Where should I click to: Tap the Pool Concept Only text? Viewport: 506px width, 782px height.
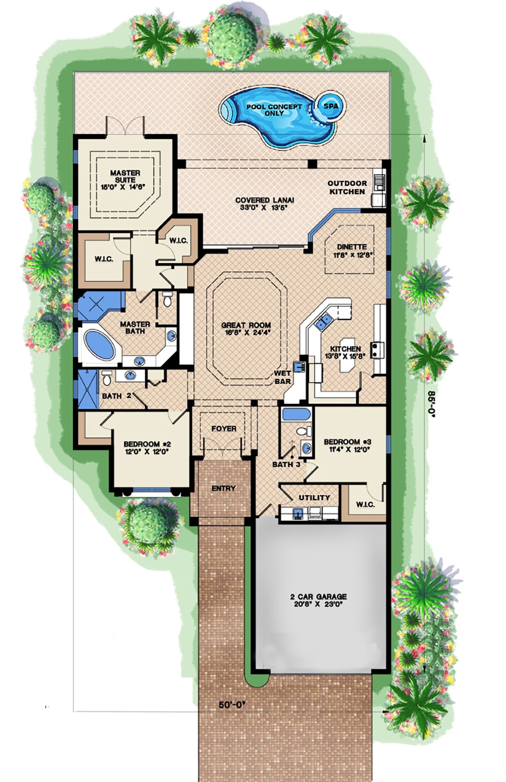point(274,110)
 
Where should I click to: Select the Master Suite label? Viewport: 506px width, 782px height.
point(125,179)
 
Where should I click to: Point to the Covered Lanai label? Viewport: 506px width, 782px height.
point(264,203)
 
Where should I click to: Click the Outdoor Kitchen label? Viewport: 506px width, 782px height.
point(347,187)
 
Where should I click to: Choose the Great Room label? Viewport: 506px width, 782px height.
point(246,329)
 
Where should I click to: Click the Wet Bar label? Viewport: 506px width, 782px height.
point(282,377)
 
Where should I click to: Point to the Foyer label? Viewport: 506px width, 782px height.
point(224,429)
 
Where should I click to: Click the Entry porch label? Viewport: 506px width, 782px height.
point(223,488)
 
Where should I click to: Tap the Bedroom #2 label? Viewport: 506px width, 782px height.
point(146,448)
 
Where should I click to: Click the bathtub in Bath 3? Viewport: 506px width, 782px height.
point(296,415)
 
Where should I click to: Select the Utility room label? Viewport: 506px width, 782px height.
point(314,498)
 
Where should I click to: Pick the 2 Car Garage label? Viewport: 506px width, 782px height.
point(318,600)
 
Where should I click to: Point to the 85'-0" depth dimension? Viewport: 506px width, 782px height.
point(431,403)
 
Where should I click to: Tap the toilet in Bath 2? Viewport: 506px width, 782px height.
point(107,377)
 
